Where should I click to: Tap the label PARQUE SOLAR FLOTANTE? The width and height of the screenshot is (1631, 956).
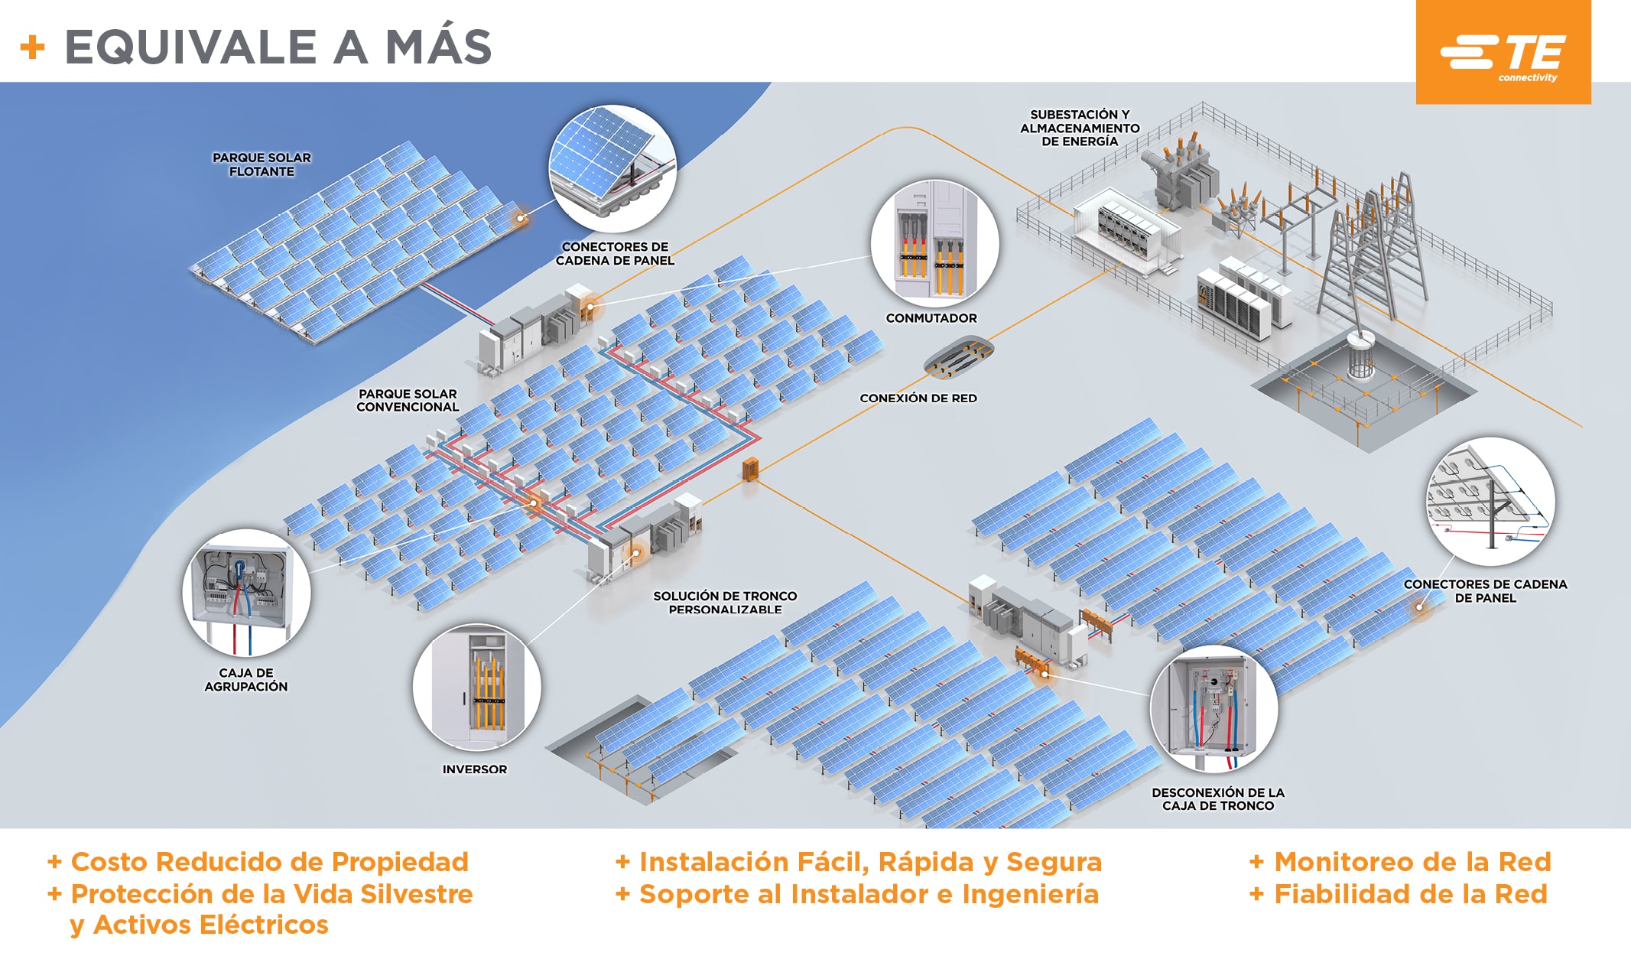262,164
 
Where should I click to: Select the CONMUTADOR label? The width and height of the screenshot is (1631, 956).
931,318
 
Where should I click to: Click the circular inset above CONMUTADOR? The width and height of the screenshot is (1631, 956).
934,243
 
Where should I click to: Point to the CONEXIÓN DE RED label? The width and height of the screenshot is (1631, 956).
918,398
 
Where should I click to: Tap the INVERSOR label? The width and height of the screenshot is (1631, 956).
474,769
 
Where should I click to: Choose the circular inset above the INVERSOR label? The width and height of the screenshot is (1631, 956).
476,687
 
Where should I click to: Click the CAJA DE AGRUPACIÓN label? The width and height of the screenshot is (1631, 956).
245,680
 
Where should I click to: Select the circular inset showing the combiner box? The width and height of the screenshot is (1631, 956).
246,592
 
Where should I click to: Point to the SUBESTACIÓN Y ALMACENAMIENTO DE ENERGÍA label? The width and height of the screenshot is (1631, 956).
1079,128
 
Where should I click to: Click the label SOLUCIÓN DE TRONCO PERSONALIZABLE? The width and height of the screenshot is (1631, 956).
724,603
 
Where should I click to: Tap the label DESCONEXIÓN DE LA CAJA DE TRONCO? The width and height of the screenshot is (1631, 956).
1217,799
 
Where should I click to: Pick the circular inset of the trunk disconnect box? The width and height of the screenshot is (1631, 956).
1214,708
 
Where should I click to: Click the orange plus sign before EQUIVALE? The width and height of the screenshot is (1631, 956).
32,47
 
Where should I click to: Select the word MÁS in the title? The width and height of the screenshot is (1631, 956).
438,47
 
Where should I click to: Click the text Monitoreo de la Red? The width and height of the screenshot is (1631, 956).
1412,862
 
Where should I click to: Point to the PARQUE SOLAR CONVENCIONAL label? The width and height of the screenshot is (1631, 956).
408,401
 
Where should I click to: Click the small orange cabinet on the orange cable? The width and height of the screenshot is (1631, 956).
751,468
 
